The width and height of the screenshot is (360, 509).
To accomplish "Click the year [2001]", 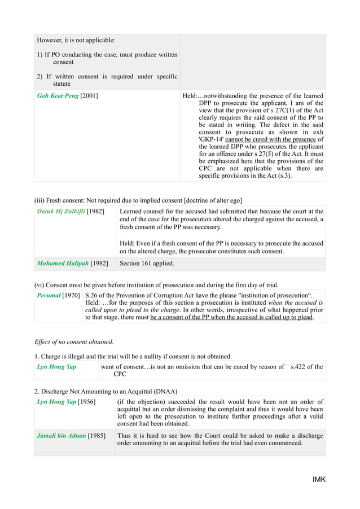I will point(89,96).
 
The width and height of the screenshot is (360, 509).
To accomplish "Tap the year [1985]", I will point(96,436).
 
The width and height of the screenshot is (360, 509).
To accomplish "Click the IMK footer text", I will point(319,480).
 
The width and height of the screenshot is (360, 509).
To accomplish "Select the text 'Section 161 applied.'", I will point(147,264).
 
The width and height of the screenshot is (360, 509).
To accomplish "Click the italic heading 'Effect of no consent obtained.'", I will point(74,341).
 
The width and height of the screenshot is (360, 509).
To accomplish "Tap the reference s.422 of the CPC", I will point(306,367).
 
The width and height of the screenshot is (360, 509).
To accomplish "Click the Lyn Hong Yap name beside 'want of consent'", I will point(56,367).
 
